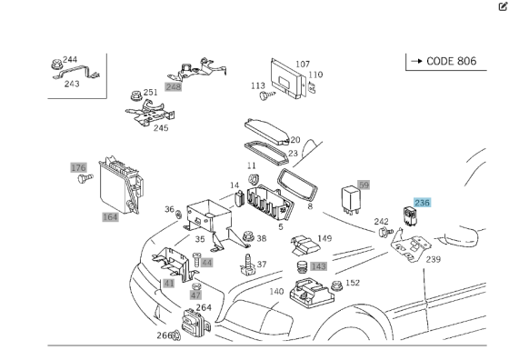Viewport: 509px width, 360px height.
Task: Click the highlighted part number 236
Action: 423,203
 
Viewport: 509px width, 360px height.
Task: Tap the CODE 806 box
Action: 445,61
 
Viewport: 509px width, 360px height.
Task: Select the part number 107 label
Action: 303,65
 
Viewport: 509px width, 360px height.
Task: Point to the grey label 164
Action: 110,216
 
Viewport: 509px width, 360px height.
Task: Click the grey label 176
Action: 79,167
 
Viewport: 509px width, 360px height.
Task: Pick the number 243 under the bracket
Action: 72,84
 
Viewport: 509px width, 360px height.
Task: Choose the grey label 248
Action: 174,86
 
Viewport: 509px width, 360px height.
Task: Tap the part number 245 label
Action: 161,128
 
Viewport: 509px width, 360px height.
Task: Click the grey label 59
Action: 364,185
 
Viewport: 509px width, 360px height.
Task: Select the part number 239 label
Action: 434,259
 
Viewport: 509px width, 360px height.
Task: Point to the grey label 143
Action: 318,266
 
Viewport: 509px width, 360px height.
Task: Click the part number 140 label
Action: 276,292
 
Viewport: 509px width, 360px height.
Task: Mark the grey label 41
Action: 169,283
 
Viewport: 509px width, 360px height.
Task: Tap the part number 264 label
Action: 204,307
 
